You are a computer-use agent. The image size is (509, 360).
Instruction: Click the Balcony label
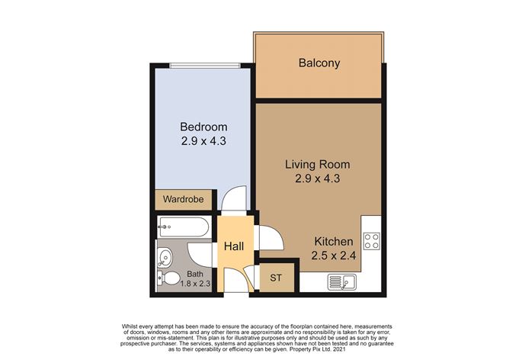coord(319,63)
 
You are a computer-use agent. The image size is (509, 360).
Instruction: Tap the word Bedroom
coord(203,127)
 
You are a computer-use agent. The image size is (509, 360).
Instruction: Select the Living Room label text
coord(318,165)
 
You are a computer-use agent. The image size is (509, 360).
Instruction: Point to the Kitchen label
coord(334,242)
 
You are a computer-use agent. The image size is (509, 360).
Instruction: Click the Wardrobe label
coord(184,199)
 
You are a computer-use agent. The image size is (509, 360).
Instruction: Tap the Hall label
coord(234,246)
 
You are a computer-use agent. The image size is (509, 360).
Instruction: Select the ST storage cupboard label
coord(276,278)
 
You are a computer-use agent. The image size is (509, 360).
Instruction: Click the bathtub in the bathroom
coord(183,227)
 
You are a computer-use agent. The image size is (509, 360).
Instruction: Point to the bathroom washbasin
coord(165,258)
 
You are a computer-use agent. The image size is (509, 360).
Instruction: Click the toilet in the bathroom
coord(168,278)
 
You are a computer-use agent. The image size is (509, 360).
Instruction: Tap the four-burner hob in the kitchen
coord(372,241)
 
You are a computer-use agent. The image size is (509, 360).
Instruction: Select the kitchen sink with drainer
coord(342,281)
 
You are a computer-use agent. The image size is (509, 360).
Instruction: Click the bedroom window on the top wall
coord(205,66)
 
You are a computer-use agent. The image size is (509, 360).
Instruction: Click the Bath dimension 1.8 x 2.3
coord(195,283)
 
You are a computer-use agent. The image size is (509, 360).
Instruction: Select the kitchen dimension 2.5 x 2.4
coord(334,256)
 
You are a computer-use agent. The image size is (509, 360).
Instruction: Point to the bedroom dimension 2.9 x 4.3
coord(203,141)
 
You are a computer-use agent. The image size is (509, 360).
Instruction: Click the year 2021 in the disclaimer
coord(339,349)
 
